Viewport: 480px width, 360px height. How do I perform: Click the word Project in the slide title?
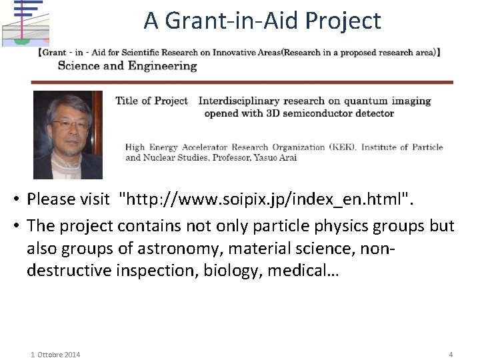[x=343, y=21]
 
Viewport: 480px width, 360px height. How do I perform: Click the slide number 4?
[x=451, y=355]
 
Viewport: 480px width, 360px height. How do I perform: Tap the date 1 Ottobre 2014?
[x=55, y=355]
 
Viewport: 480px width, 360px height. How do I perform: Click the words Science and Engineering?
[x=127, y=65]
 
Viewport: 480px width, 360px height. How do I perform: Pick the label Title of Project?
[x=152, y=101]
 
